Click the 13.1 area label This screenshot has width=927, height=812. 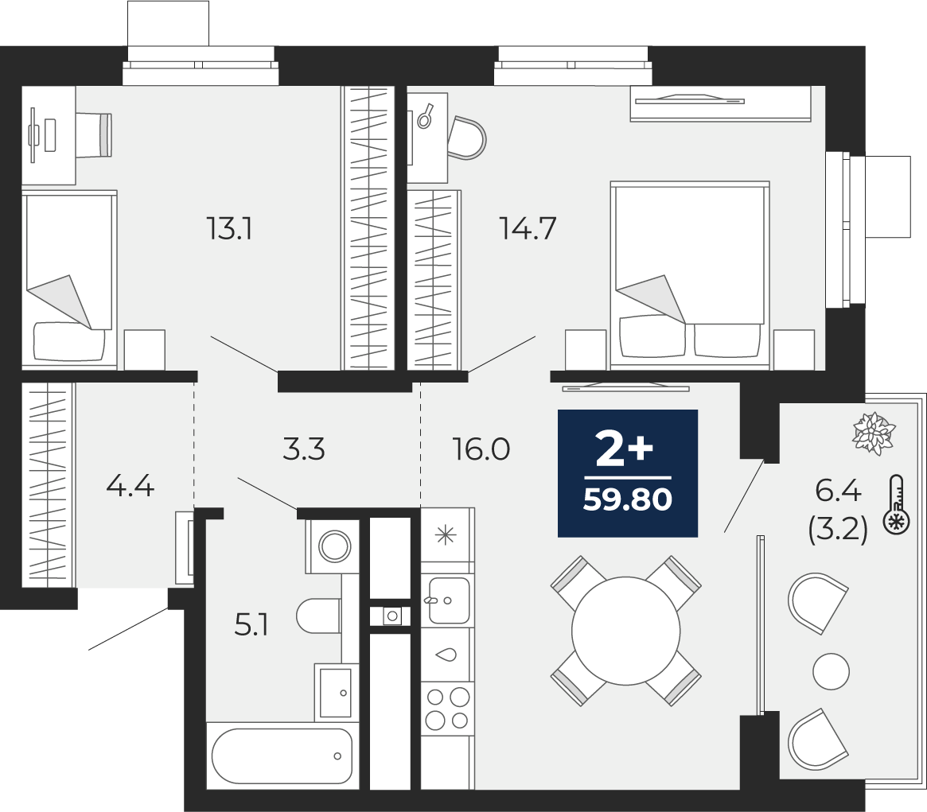[229, 228]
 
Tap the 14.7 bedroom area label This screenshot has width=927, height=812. [528, 228]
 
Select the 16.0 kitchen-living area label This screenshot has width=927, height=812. [481, 449]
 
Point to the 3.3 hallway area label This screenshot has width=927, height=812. [304, 449]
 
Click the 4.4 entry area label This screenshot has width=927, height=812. [130, 487]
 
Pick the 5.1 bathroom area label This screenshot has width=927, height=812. [252, 624]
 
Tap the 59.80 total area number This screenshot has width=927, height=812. [628, 500]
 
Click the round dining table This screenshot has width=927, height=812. [626, 631]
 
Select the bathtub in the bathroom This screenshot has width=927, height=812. [282, 756]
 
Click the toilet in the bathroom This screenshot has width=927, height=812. [319, 616]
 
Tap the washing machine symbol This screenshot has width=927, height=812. [333, 546]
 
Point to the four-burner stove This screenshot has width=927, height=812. [447, 709]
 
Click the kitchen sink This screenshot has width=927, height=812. [448, 600]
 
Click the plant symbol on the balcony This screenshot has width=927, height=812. [874, 433]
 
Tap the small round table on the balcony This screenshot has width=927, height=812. [832, 671]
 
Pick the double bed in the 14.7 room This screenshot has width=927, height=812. [690, 275]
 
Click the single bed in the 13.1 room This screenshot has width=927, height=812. [69, 279]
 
